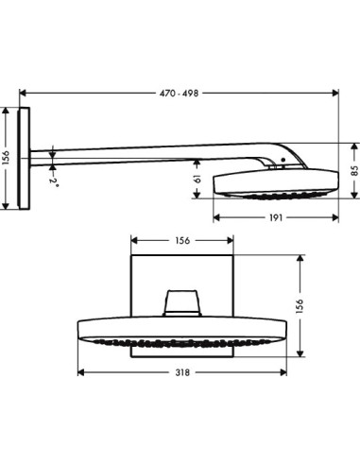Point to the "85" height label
(x=352, y=171)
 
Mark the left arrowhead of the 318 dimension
(x=77, y=382)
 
